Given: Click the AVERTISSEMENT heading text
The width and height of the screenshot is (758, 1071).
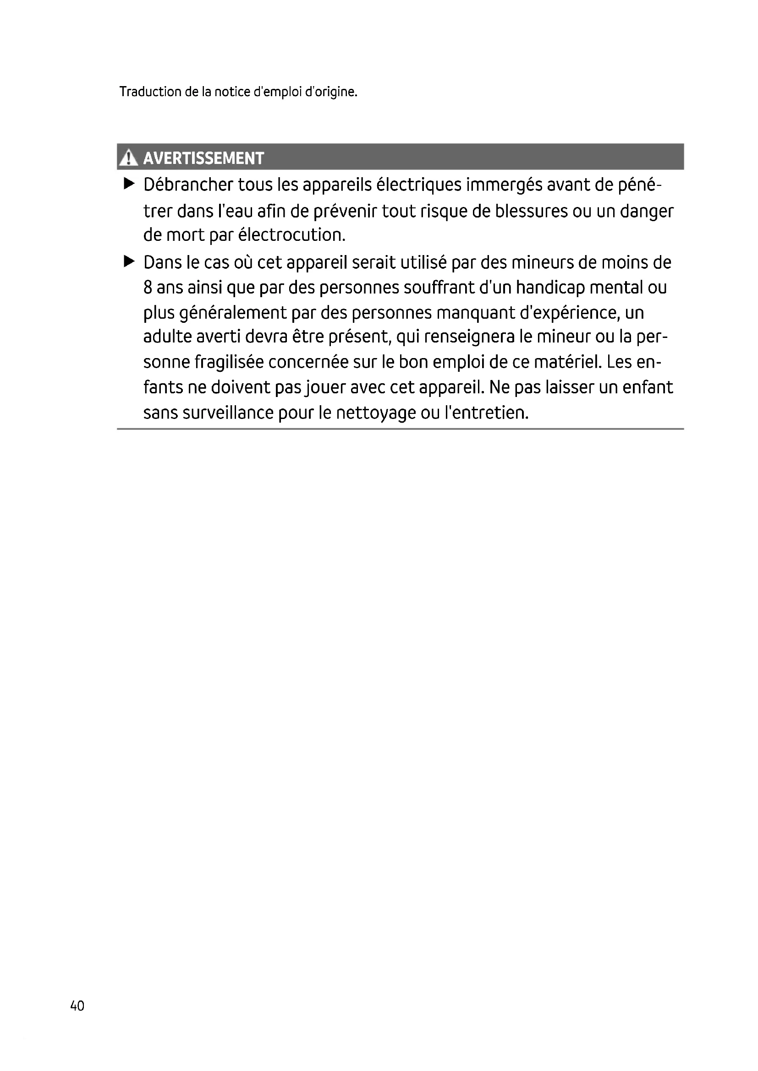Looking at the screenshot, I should coord(203,158).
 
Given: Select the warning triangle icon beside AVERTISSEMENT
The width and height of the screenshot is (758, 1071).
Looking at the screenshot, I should coord(128,158).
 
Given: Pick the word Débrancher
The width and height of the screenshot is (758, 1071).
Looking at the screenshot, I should coord(188,185).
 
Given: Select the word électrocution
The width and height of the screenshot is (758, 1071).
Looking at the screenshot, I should coord(292,235).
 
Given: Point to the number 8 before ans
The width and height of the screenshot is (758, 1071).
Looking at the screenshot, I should coord(148,288).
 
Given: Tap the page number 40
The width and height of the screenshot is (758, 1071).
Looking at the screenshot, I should coord(77,1006).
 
